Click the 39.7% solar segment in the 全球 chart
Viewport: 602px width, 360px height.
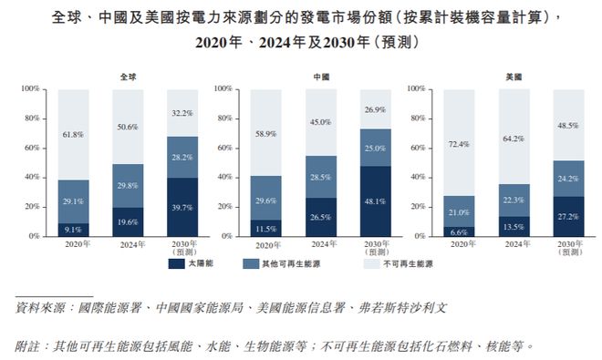click(182, 208)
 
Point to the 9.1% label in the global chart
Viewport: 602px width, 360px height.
click(73, 230)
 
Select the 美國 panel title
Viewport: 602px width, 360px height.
click(514, 77)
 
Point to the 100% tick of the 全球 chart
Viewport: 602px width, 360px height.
click(29, 89)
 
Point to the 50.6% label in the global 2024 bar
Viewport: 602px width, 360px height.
click(128, 127)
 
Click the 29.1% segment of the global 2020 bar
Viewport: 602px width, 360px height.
click(73, 201)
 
